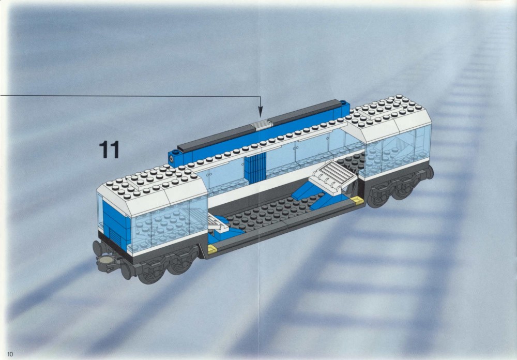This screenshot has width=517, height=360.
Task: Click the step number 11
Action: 109,150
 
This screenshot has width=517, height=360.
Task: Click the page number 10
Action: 10,354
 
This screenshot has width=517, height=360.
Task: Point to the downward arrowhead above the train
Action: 260,112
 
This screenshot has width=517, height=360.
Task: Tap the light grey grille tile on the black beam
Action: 261,124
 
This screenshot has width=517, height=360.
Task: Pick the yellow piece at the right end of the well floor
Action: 357,200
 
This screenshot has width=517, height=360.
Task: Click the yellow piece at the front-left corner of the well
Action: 212,249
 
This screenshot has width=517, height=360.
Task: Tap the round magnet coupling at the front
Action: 105,261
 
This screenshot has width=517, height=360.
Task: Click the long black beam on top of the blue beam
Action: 259,126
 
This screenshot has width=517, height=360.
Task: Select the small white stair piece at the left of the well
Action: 218,222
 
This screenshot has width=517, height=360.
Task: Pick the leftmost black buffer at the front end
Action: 98,248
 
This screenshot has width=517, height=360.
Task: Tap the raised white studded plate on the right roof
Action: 385,107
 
